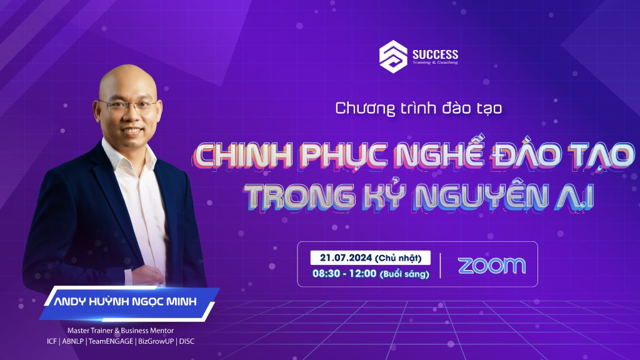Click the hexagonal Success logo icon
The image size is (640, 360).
click(x=393, y=57)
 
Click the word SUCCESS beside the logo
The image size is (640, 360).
click(x=435, y=54)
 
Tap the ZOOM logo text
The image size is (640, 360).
click(x=492, y=265)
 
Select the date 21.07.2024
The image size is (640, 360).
click(x=346, y=257)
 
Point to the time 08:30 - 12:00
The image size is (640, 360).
click(x=344, y=273)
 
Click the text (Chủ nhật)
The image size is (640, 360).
click(x=398, y=258)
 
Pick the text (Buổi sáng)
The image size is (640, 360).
click(x=404, y=274)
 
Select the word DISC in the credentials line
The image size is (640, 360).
click(x=187, y=341)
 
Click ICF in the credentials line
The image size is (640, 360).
click(x=52, y=341)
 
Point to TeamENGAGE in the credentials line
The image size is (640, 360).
click(x=111, y=341)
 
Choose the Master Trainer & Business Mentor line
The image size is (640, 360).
click(x=121, y=331)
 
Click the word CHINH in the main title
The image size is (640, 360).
click(x=243, y=155)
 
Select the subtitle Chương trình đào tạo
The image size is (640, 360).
click(x=419, y=109)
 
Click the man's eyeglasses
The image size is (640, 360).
click(x=128, y=106)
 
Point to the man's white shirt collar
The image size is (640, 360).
click(x=129, y=155)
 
